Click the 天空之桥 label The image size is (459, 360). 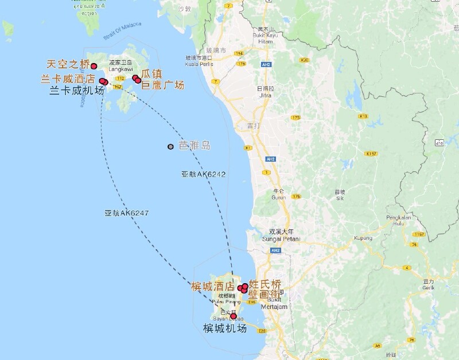pyautogui.click(x=68, y=64)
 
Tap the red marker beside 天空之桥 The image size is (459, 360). pyautogui.click(x=94, y=66)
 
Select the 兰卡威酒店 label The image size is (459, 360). pyautogui.click(x=68, y=79)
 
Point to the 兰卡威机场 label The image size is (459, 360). pyautogui.click(x=77, y=90)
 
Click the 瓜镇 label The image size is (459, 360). pyautogui.click(x=151, y=74)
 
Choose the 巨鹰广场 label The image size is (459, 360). pyautogui.click(x=162, y=85)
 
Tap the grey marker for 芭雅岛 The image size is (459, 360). pyautogui.click(x=170, y=147)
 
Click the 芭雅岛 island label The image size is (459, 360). pyautogui.click(x=195, y=146)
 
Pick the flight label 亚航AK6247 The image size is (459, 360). pyautogui.click(x=126, y=213)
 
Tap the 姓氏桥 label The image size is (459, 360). pyautogui.click(x=265, y=283)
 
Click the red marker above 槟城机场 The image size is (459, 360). pyautogui.click(x=233, y=316)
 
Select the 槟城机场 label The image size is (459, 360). pyautogui.click(x=224, y=328)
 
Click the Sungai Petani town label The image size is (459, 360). pyautogui.click(x=278, y=238)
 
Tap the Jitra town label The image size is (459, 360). pyautogui.click(x=265, y=95)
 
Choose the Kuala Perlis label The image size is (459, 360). pyautogui.click(x=199, y=64)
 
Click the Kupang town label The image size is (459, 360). pyautogui.click(x=363, y=238)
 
